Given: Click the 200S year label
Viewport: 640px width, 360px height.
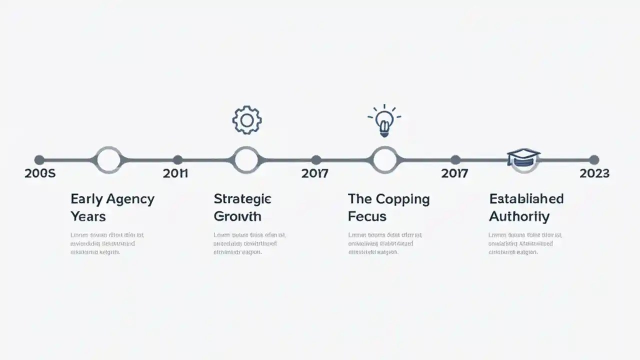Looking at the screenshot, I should pos(40,173).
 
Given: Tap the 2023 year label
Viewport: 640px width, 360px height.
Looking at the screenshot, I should pos(594,173).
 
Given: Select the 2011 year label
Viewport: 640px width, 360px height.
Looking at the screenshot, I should pos(175,173).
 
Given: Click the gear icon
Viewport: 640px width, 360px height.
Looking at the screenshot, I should pos(247,120).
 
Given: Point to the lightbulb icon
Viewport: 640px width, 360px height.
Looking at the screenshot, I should pos(384,121).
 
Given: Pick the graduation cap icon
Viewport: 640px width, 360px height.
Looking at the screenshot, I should pos(523,157).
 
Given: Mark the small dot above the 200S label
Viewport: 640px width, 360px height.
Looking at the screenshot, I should pos(39,160).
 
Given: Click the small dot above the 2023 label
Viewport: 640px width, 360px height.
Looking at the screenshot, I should pos(594,160).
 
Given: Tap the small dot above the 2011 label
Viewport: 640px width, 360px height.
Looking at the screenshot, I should pos(177,160).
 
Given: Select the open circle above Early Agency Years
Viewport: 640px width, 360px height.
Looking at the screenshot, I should pos(108,160).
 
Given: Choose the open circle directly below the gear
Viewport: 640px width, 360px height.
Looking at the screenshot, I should pos(246,160).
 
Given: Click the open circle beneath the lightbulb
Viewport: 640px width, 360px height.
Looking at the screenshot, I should pos(384,160).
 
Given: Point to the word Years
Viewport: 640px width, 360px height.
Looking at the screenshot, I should pos(88,216).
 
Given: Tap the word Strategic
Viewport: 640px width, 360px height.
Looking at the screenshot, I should pos(242,199).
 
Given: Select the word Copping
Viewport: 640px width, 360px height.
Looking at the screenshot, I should pos(402,199).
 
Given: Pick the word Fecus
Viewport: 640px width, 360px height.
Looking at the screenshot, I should pos(367,216).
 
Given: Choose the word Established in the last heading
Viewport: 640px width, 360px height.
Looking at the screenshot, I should pos(526,199).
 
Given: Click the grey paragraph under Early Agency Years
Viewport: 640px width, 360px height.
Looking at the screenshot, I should pos(107,243).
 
